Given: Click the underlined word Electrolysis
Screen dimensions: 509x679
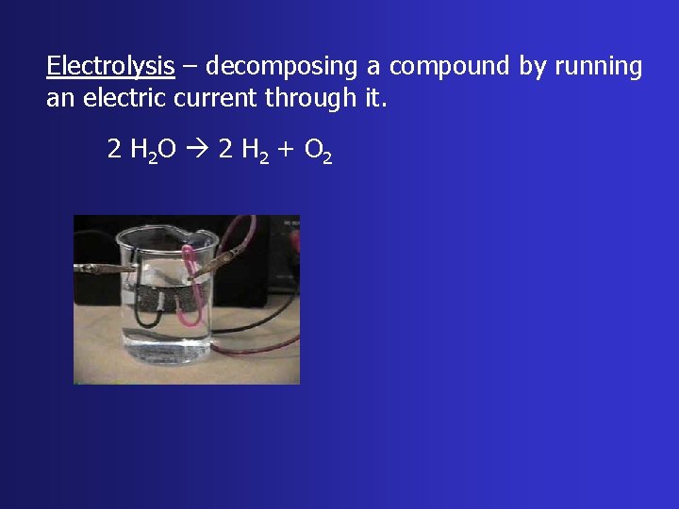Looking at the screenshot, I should point(110,67).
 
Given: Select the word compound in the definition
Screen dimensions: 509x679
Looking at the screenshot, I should point(450,67).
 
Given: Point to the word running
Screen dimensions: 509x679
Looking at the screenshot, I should point(599,67).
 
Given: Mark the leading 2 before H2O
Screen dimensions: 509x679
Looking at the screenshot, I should point(113,149).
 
